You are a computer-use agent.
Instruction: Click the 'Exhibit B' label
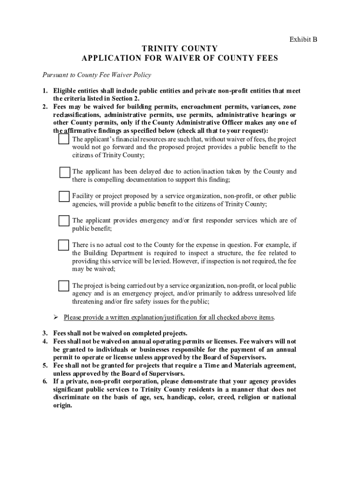coord(303,40)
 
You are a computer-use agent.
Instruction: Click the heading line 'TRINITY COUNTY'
coord(180,49)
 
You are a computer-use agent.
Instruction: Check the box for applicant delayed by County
coord(65,172)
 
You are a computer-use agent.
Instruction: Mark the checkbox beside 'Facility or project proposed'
coord(64,196)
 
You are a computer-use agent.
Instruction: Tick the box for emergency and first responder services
coord(64,221)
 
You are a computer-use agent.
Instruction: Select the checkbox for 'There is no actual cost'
coord(64,245)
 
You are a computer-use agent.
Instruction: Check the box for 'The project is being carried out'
coord(64,286)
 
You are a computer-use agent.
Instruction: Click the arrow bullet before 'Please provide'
coord(55,318)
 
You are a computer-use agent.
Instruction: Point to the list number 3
coord(45,334)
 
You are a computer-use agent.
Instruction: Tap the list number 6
coord(45,381)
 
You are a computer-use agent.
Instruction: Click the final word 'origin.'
coord(63,405)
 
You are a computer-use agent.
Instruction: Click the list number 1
coord(45,91)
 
